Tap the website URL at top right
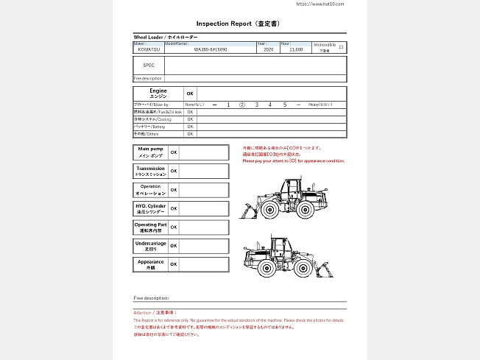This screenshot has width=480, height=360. tap(320, 4)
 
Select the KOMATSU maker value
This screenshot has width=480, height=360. tap(147, 50)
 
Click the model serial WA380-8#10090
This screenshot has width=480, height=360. tap(211, 50)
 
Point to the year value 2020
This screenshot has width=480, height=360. tap(267, 50)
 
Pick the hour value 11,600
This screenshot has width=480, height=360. tap(296, 50)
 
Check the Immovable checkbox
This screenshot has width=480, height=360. tap(341, 46)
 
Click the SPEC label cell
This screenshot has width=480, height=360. tap(149, 65)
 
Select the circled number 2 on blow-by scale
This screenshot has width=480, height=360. tap(242, 105)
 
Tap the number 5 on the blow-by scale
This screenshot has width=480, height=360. tap(284, 105)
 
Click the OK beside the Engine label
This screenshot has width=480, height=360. tap(190, 93)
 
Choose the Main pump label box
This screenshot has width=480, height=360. tap(150, 152)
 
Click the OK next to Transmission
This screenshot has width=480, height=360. tap(174, 171)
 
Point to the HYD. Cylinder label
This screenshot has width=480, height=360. tap(150, 208)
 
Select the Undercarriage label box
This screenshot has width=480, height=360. tap(150, 245)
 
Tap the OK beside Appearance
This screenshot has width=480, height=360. tap(174, 264)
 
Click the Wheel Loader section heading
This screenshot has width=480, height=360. tap(163, 37)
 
